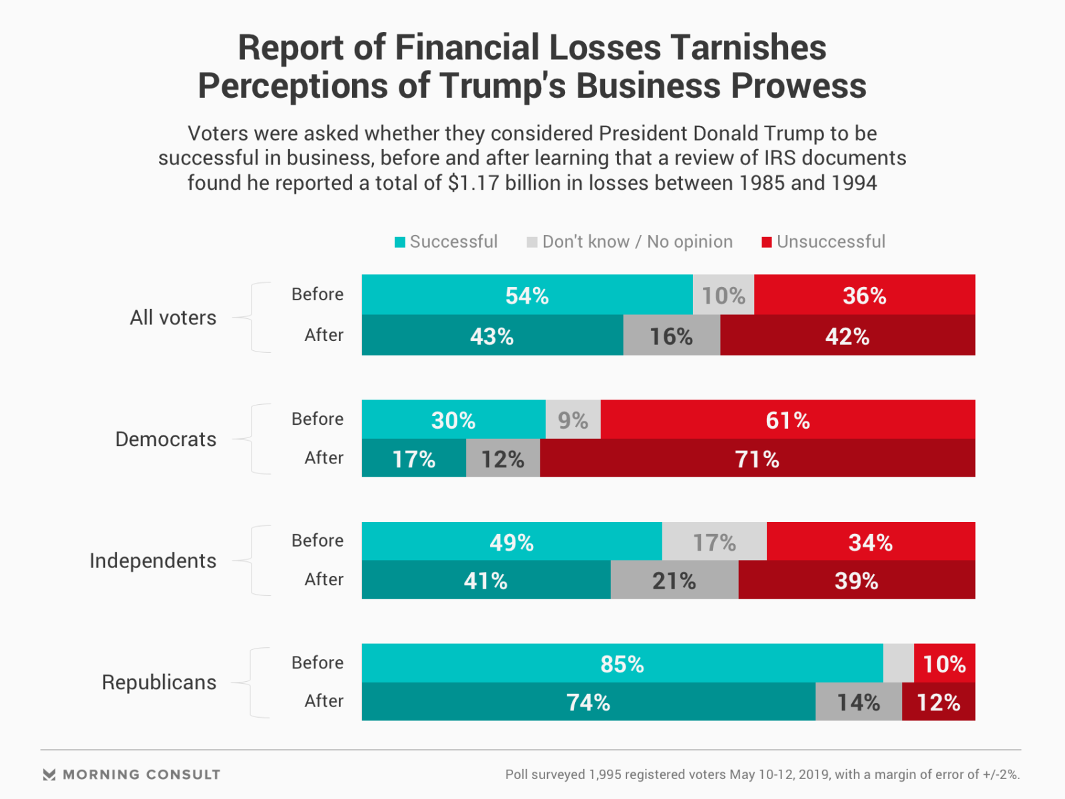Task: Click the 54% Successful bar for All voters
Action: click(527, 295)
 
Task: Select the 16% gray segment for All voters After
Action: click(671, 336)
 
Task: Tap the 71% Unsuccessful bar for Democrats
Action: click(757, 459)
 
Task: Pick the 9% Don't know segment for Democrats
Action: click(572, 420)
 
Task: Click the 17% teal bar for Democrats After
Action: click(413, 459)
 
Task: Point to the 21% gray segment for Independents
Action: click(674, 581)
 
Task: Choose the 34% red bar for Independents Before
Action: click(870, 542)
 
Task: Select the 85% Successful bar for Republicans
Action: click(622, 664)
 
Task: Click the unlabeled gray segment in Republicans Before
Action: click(898, 664)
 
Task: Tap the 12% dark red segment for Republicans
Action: click(938, 702)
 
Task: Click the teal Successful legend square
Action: click(400, 242)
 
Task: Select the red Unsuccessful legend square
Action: click(767, 242)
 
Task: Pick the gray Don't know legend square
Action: click(532, 242)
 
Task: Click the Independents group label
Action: click(152, 561)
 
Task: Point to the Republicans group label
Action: click(158, 682)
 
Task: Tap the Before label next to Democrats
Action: click(317, 419)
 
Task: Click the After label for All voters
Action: click(323, 335)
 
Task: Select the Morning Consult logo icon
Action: click(49, 774)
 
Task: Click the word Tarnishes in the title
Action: click(748, 48)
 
